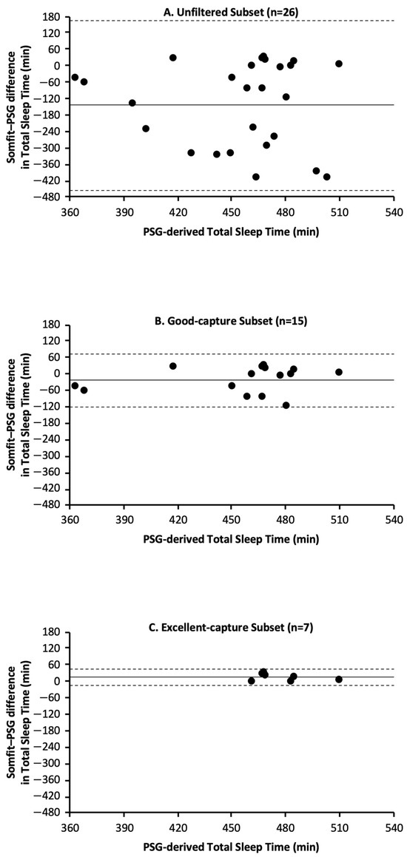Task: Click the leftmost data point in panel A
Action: click(x=75, y=77)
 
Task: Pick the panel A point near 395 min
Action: click(x=132, y=103)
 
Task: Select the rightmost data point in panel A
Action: click(x=339, y=64)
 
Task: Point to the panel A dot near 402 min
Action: click(x=146, y=129)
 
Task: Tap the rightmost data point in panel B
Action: click(x=339, y=372)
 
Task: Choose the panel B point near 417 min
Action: click(x=173, y=366)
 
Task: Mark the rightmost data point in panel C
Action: click(x=339, y=680)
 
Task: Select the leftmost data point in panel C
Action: click(x=252, y=681)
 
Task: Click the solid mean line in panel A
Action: click(x=222, y=104)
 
